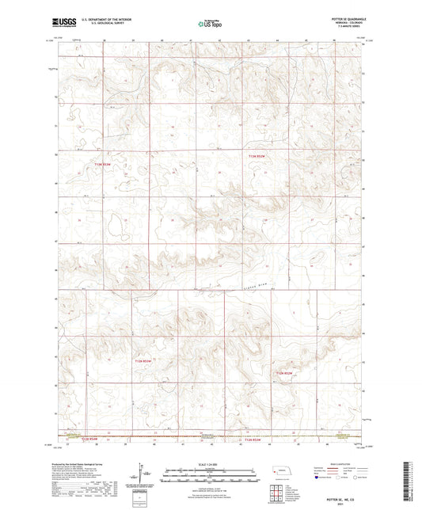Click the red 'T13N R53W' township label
click(x=115, y=164)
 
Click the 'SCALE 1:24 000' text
click(x=211, y=464)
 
